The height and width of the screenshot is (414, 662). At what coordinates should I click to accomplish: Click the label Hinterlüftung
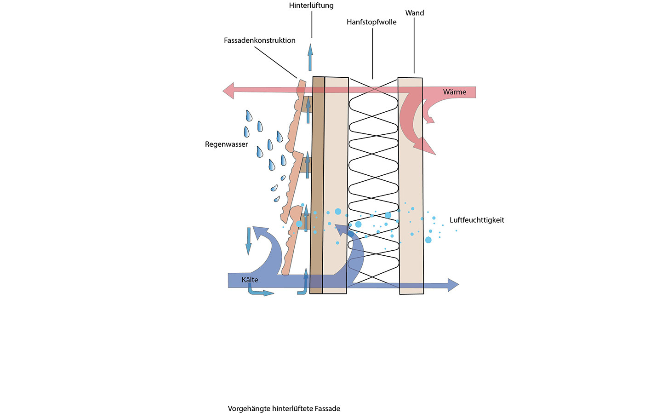tap(311, 6)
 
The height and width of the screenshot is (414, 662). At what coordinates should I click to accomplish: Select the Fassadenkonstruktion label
tap(260, 40)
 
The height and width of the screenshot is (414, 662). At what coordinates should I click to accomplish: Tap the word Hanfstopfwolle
tap(371, 22)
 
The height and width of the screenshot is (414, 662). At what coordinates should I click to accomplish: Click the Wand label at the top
tap(414, 13)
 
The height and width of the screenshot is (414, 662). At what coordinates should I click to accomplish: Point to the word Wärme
tap(455, 92)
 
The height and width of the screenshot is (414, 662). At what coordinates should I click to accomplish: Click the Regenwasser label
tap(226, 144)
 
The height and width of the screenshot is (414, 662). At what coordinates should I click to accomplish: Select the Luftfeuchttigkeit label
tap(477, 220)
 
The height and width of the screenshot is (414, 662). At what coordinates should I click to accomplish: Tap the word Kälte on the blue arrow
tap(250, 280)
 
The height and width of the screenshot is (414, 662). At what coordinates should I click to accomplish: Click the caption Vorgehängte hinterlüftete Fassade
tap(284, 408)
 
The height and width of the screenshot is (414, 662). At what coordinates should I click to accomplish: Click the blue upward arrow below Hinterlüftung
tap(310, 57)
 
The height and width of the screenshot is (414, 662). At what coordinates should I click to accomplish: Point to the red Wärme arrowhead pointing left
tap(228, 91)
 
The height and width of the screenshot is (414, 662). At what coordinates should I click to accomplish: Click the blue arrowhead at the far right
tap(453, 285)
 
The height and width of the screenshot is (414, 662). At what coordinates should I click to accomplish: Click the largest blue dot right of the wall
tap(428, 240)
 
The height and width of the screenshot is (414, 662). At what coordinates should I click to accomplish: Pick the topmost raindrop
tap(249, 115)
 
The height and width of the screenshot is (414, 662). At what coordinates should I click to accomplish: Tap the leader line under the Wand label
tap(414, 46)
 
